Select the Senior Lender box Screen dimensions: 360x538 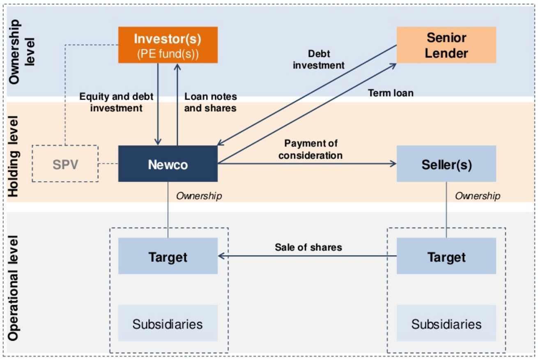point(446,45)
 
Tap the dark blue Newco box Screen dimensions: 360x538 point(168,164)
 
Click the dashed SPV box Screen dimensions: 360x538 point(65,164)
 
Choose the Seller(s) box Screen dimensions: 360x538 point(446,164)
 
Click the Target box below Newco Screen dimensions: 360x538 point(168,256)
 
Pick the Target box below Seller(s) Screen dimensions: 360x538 point(446,256)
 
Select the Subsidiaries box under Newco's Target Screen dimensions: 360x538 point(168,323)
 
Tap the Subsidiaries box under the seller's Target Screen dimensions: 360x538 point(446,323)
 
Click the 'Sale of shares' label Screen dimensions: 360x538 point(308,247)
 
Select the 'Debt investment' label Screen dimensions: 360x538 point(319,59)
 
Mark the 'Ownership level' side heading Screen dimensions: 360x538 point(21,51)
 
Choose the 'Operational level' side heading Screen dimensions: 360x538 point(14,288)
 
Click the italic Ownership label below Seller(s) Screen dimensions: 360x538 point(477,196)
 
